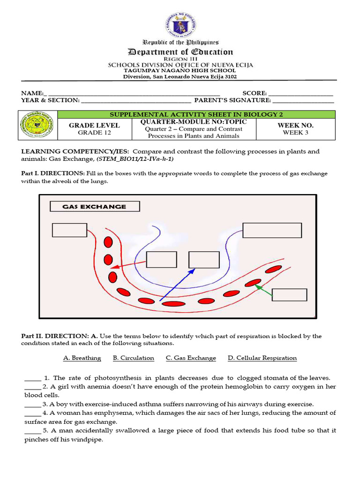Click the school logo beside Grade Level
pyautogui.click(x=37, y=125)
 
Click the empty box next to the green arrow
pyautogui.click(x=289, y=295)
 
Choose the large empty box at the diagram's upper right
pyautogui.click(x=272, y=230)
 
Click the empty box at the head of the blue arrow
pyautogui.click(x=204, y=260)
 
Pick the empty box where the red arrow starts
pyautogui.click(x=162, y=260)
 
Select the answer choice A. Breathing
pyautogui.click(x=82, y=358)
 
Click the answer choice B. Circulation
pyautogui.click(x=134, y=358)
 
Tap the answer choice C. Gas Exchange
pyautogui.click(x=191, y=358)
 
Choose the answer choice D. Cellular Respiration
pyautogui.click(x=262, y=358)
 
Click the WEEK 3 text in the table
pyautogui.click(x=295, y=133)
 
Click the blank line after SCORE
pyautogui.click(x=301, y=94)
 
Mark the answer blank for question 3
pyautogui.click(x=32, y=404)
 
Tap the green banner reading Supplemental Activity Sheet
pyautogui.click(x=196, y=114)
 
